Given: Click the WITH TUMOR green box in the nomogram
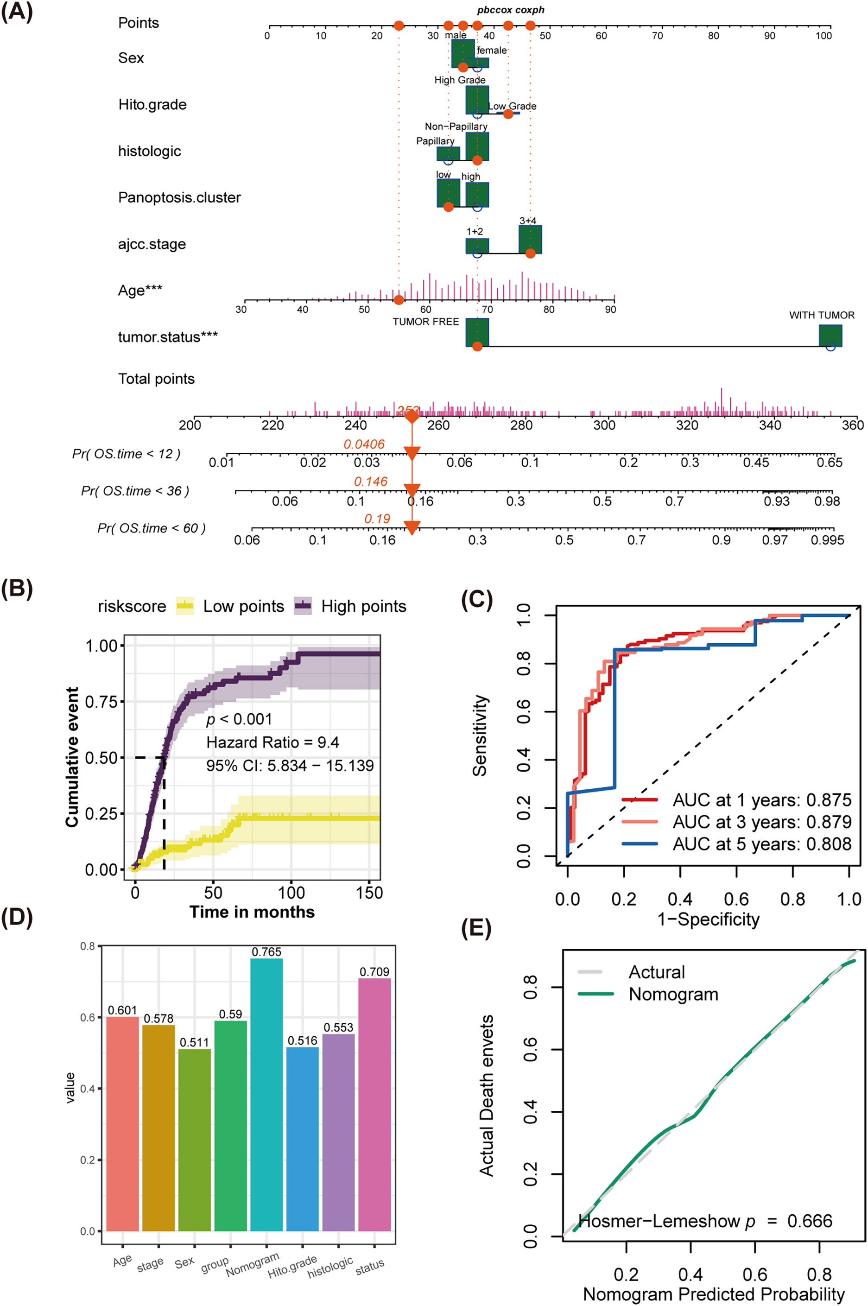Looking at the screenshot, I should point(830,336).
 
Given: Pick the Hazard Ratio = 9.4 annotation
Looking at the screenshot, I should point(272,742).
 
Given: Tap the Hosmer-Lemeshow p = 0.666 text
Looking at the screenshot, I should point(705,1221).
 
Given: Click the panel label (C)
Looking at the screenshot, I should point(476,600).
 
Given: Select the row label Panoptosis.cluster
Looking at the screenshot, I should point(179,197).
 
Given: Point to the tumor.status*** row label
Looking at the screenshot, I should point(168,336).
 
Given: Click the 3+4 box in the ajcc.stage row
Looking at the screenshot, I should point(530,239).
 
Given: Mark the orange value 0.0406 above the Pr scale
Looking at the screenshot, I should point(364,444).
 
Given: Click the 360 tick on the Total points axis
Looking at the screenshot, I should point(853,425).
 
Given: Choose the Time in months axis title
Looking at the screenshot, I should point(252,912).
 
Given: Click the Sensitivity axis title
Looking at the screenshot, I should point(480,735).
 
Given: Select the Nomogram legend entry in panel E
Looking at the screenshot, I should point(673,994).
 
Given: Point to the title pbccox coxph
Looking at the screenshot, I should point(510,10).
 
